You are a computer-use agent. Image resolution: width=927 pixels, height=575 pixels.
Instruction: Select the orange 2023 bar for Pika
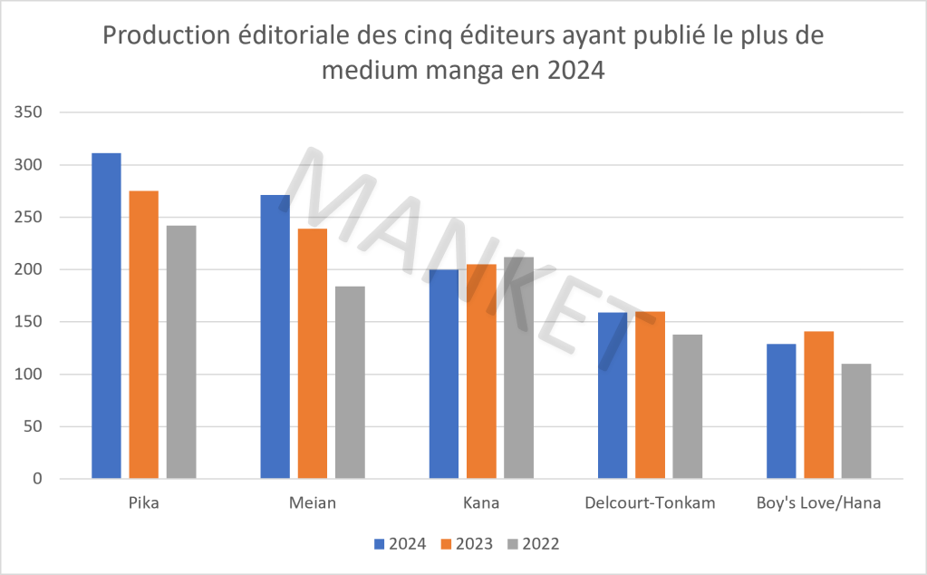pos(144,335)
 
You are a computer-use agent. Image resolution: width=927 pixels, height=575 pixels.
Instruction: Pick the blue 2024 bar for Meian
pos(275,336)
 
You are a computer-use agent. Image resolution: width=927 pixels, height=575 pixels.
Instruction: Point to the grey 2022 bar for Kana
pos(519,368)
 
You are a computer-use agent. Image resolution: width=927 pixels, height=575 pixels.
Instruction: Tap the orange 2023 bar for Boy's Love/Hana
pos(819,405)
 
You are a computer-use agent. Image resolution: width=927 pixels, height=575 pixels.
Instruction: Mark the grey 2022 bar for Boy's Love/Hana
pos(856,422)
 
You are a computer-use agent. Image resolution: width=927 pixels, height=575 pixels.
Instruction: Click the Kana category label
pos(481,503)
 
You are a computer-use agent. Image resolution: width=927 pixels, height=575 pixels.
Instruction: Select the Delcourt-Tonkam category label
pos(650,503)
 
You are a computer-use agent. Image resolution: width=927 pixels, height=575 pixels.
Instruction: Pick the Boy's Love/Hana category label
pos(818,503)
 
